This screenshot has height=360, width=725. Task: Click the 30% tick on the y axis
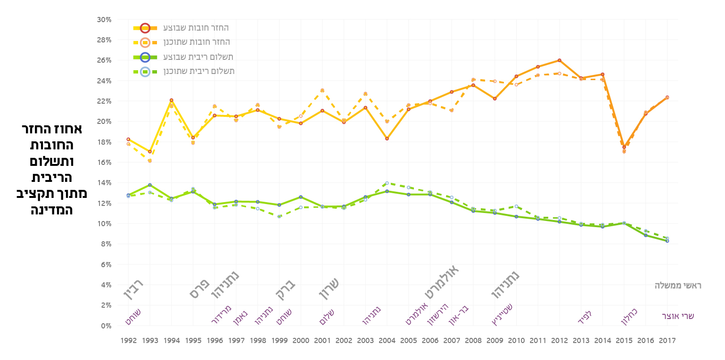104,20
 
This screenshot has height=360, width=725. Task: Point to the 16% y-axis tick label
104,163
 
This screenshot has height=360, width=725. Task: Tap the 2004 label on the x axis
387,340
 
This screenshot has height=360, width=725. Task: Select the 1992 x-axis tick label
128,340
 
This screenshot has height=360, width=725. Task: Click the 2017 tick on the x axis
667,340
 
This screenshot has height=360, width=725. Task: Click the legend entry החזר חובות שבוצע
196,28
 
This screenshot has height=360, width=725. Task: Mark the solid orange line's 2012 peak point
560,60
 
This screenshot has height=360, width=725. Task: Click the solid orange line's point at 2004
387,139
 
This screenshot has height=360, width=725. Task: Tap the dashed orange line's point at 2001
322,90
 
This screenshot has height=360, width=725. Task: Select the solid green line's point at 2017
667,241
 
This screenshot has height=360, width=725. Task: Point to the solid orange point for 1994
172,100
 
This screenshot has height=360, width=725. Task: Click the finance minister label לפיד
585,316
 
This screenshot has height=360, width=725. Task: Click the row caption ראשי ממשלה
678,286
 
